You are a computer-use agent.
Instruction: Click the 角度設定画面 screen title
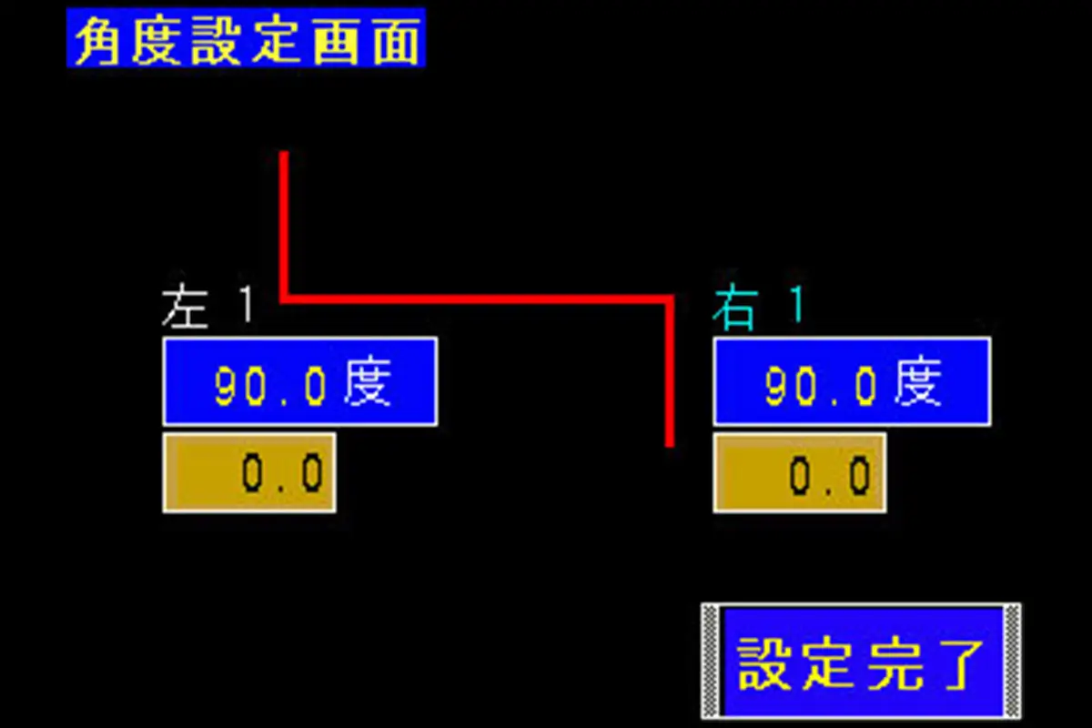pos(246,38)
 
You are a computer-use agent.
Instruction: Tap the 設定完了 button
pos(861,662)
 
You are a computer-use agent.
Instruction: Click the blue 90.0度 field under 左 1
pos(299,381)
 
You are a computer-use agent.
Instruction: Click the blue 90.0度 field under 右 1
pos(852,381)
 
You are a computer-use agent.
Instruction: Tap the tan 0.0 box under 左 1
pos(249,472)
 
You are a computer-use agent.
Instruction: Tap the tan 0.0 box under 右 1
pos(799,472)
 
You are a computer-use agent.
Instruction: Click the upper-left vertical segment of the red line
pos(284,223)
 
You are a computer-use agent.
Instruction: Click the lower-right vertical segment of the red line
pos(671,373)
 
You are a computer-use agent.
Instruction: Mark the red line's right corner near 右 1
pos(670,298)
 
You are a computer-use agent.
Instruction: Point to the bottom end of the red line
pos(671,444)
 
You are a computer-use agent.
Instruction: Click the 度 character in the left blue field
pos(369,382)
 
